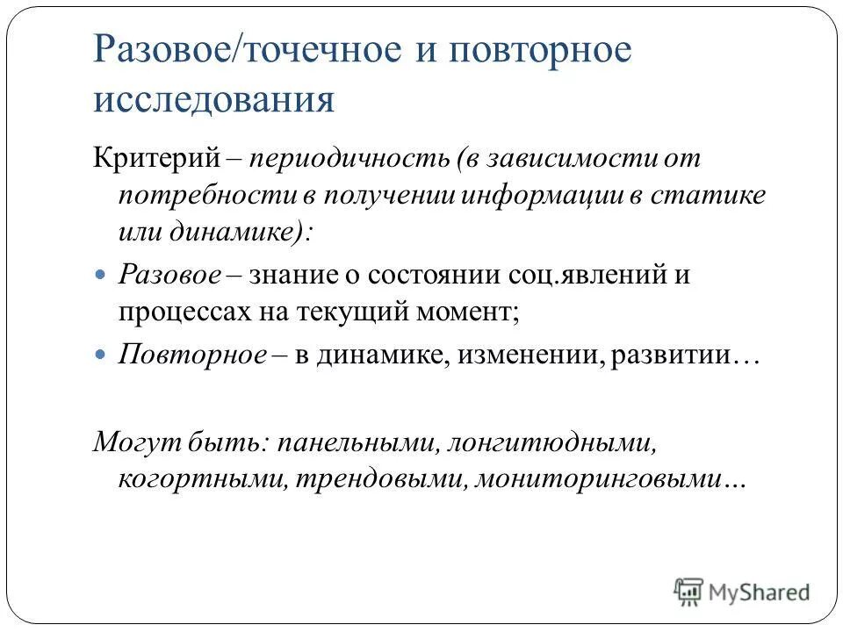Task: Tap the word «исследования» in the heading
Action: [x=213, y=99]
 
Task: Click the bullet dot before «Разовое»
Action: [x=99, y=275]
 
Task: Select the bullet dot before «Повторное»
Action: [x=99, y=355]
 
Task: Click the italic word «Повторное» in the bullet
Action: [x=192, y=355]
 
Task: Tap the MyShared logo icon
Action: [x=689, y=592]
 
